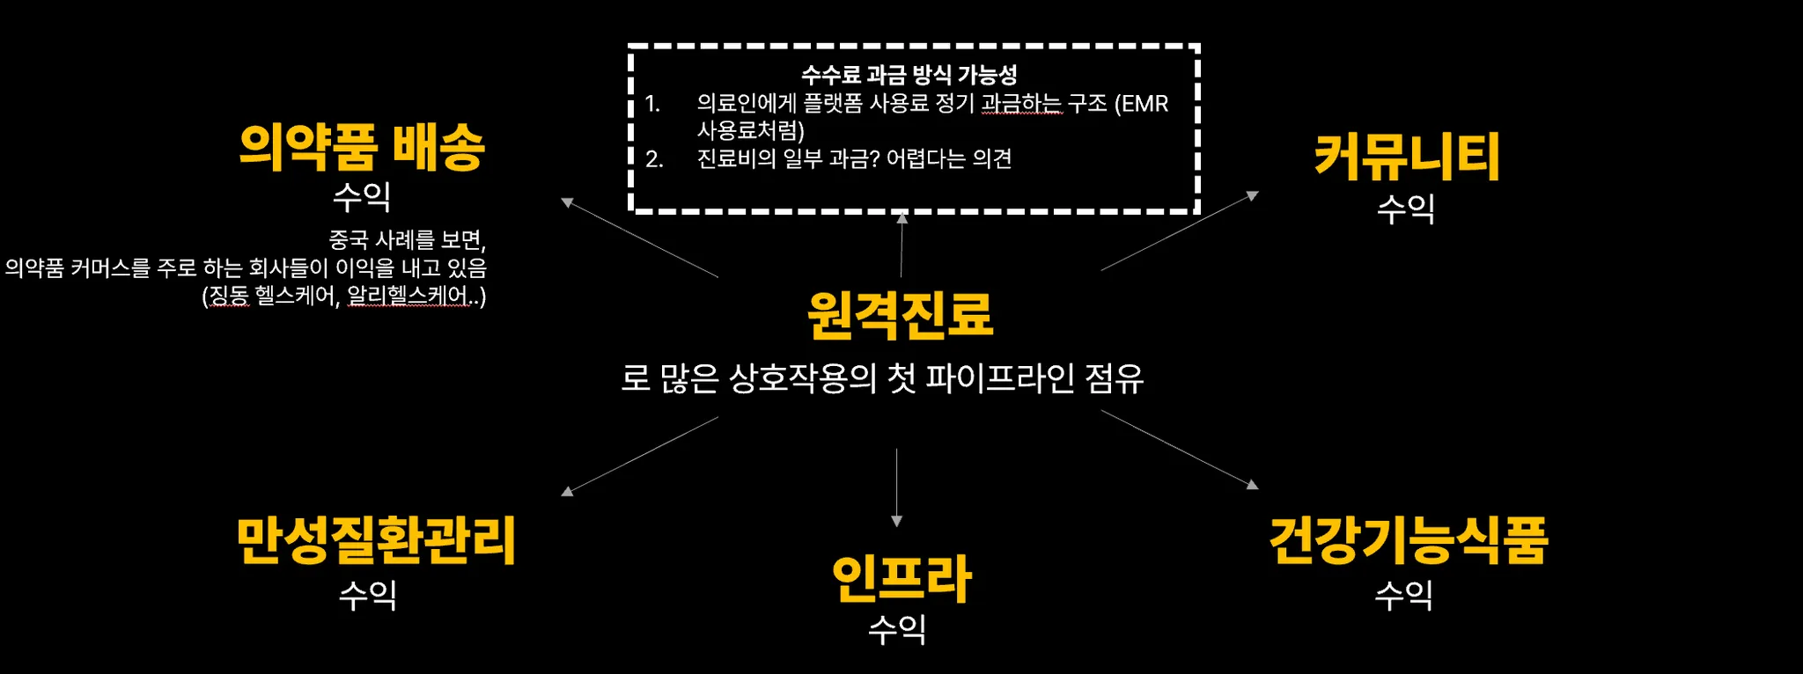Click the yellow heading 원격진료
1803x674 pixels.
(901, 315)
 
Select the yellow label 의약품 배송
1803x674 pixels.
(362, 147)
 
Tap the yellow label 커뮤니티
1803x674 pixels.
(1407, 158)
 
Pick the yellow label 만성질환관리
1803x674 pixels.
(376, 539)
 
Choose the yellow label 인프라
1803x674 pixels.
(901, 578)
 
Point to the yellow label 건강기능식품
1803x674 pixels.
(1408, 539)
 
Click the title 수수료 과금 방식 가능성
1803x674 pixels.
(909, 75)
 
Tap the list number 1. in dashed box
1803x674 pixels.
(652, 104)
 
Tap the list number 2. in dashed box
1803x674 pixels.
(654, 159)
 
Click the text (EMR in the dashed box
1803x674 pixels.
(1141, 104)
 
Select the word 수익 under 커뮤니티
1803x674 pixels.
(1406, 209)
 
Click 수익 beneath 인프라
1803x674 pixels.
(897, 628)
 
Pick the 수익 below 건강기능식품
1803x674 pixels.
(1404, 595)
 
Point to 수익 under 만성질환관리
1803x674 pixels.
(368, 595)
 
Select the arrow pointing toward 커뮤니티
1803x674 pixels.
(1180, 231)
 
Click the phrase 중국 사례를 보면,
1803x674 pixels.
(407, 239)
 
